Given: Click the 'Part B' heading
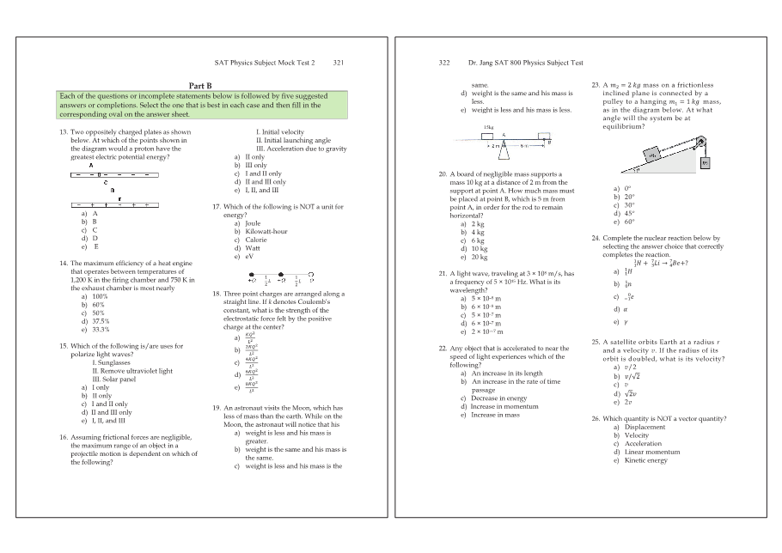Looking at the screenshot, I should [x=200, y=84].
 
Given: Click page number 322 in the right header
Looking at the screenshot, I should [x=443, y=63].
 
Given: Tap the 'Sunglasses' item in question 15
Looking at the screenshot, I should [x=111, y=362].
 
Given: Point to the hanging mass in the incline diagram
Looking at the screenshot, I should [x=706, y=161].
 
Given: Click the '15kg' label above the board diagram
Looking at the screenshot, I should [x=487, y=126].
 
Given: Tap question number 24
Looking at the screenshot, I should [x=596, y=238].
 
